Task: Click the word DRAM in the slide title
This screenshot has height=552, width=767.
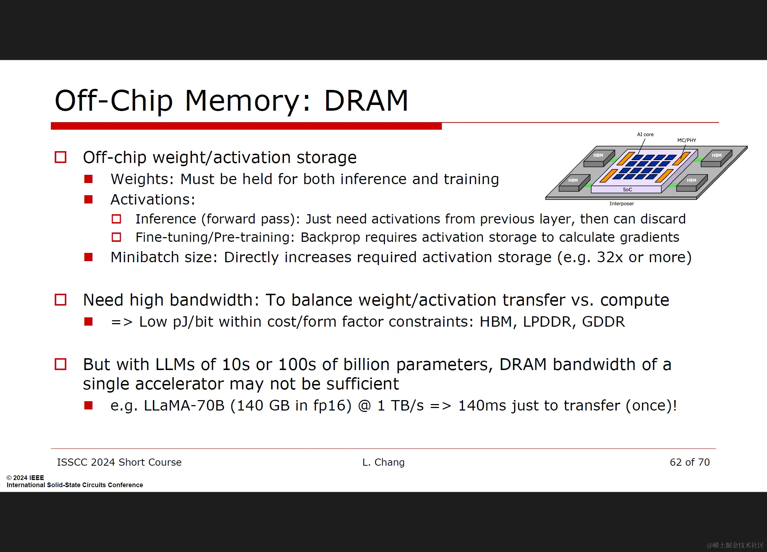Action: [366, 101]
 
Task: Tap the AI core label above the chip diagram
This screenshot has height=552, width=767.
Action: [645, 134]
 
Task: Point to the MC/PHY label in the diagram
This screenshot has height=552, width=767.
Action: [686, 140]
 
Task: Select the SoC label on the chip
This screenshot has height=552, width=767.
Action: [627, 189]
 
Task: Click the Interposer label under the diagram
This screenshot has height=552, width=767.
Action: [622, 203]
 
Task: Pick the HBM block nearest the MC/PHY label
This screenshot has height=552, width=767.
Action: [717, 158]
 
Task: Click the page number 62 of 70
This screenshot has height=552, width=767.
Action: [690, 462]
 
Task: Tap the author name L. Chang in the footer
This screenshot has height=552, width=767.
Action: [383, 462]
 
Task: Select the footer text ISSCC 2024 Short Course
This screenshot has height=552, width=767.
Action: [119, 462]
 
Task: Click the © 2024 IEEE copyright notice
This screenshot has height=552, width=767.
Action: [25, 477]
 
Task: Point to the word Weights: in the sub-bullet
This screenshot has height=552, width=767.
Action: [142, 179]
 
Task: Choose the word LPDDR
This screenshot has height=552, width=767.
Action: [547, 322]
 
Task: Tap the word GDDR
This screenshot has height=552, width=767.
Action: [603, 322]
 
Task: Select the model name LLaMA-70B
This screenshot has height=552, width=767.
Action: [184, 405]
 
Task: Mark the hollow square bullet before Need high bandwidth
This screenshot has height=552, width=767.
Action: [61, 300]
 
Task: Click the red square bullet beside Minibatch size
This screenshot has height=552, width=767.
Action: [88, 257]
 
